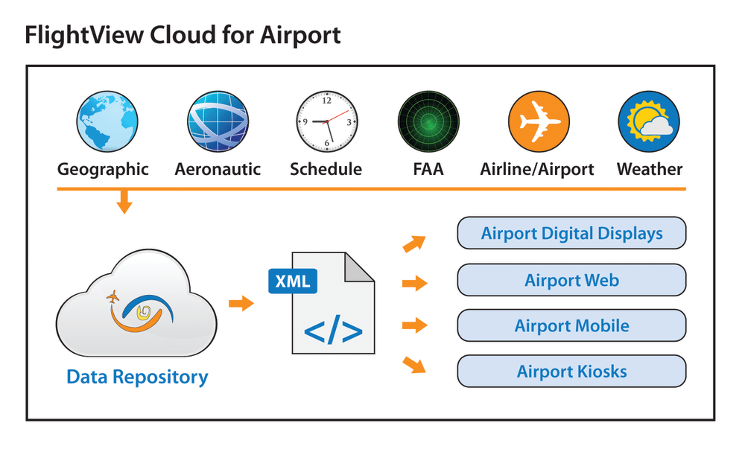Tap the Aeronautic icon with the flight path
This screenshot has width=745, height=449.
pyautogui.click(x=218, y=122)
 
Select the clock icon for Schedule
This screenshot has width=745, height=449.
pyautogui.click(x=327, y=122)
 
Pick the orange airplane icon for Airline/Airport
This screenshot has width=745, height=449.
pyautogui.click(x=538, y=122)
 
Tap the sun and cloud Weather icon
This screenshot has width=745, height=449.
pyautogui.click(x=649, y=122)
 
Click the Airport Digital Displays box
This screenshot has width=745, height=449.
pyautogui.click(x=571, y=233)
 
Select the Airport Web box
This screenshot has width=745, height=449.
pyautogui.click(x=571, y=280)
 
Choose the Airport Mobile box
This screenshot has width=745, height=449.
pyautogui.click(x=571, y=325)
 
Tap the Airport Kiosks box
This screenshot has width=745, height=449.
pyautogui.click(x=571, y=371)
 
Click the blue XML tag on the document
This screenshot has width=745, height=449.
pyautogui.click(x=293, y=282)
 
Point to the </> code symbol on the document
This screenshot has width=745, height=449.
pyautogui.click(x=333, y=330)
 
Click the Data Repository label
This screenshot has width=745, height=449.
pyautogui.click(x=137, y=377)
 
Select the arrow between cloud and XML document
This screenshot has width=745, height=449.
pyautogui.click(x=240, y=303)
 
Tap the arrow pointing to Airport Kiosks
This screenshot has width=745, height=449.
pyautogui.click(x=414, y=364)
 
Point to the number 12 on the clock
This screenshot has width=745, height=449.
pyautogui.click(x=326, y=101)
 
